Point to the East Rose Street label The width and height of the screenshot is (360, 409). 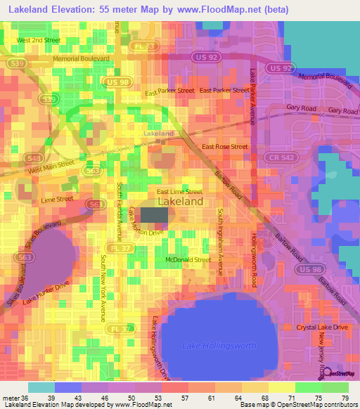pyautogui.click(x=225, y=147)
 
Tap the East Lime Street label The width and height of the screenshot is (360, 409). pyautogui.click(x=179, y=191)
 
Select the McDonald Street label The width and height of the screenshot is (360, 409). pyautogui.click(x=188, y=260)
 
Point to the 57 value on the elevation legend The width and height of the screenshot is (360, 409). pyautogui.click(x=212, y=398)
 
